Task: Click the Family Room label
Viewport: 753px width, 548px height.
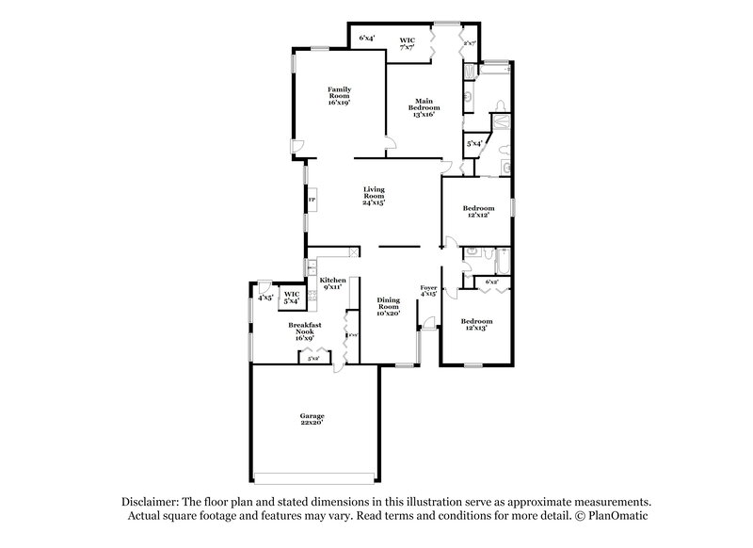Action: click(x=339, y=96)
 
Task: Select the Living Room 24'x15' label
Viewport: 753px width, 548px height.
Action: click(x=375, y=196)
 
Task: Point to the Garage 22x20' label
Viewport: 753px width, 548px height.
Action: click(x=312, y=418)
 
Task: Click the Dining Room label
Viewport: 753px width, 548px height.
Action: click(x=389, y=307)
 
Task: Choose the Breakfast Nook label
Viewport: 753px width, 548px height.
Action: click(x=305, y=330)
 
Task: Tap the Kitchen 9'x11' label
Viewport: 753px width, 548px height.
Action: click(x=332, y=283)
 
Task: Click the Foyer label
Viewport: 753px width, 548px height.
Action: click(x=428, y=291)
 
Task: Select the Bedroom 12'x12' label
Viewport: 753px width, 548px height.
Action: click(x=478, y=212)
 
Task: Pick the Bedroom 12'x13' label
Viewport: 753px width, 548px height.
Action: click(x=478, y=325)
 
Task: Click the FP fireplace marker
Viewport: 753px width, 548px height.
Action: click(x=311, y=201)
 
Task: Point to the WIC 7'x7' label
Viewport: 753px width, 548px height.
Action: click(x=407, y=43)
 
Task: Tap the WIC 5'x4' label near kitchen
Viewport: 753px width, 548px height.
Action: click(x=292, y=298)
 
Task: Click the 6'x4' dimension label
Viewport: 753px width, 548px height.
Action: click(x=367, y=38)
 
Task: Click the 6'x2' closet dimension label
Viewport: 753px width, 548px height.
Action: click(x=490, y=282)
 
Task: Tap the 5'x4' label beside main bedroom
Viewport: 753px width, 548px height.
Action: click(x=475, y=144)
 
